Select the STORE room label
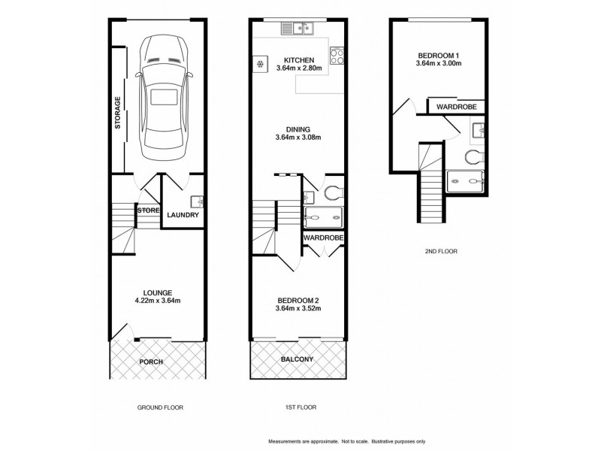click(148, 211)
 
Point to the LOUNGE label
click(159, 292)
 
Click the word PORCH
click(151, 362)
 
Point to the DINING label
click(298, 129)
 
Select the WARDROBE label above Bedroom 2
click(324, 238)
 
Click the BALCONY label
click(297, 360)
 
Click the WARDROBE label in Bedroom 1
click(457, 107)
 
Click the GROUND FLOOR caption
click(160, 407)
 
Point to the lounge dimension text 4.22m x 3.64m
click(159, 301)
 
